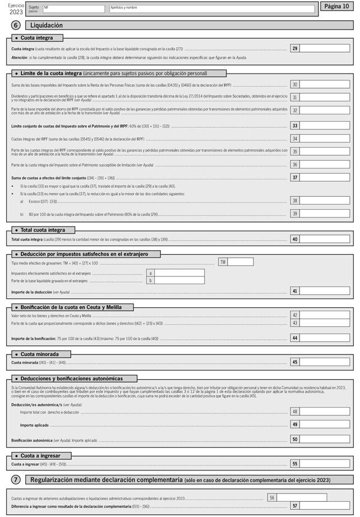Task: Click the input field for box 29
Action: click(324, 49)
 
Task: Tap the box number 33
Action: click(294, 126)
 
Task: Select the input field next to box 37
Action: click(324, 178)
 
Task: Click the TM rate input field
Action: click(240, 262)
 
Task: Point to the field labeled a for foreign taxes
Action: click(179, 273)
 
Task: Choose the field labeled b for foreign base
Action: click(179, 280)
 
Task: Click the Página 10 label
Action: click(336, 7)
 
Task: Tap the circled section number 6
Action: click(16, 25)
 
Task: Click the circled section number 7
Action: click(16, 480)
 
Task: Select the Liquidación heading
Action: click(46, 25)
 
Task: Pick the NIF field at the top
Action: click(73, 9)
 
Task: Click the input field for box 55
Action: click(324, 464)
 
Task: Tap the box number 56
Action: click(271, 497)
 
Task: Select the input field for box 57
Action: click(324, 505)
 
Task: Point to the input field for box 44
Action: click(324, 338)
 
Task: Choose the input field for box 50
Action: click(324, 440)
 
